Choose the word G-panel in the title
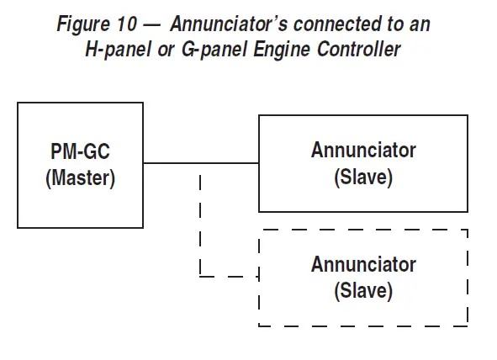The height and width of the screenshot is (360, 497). point(214,50)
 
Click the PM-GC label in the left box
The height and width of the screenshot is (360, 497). point(80,153)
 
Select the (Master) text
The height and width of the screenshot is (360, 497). point(80,177)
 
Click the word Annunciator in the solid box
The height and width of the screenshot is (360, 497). point(363,151)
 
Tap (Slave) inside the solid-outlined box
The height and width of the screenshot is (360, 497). point(363,177)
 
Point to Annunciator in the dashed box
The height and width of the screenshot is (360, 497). point(363,265)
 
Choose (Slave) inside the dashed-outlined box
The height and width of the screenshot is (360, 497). point(363,291)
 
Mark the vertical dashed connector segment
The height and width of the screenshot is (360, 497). point(200,223)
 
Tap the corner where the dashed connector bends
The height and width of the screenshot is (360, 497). point(200,276)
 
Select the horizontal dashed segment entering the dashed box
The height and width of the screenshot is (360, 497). point(231,276)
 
